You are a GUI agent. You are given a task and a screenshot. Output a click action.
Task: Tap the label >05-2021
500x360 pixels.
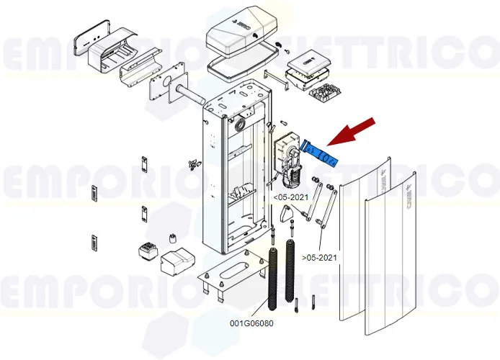(319, 257)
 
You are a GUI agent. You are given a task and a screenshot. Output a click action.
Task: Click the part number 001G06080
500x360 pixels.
(251, 323)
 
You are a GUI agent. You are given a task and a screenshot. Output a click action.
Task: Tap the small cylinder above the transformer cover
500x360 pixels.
(173, 240)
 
